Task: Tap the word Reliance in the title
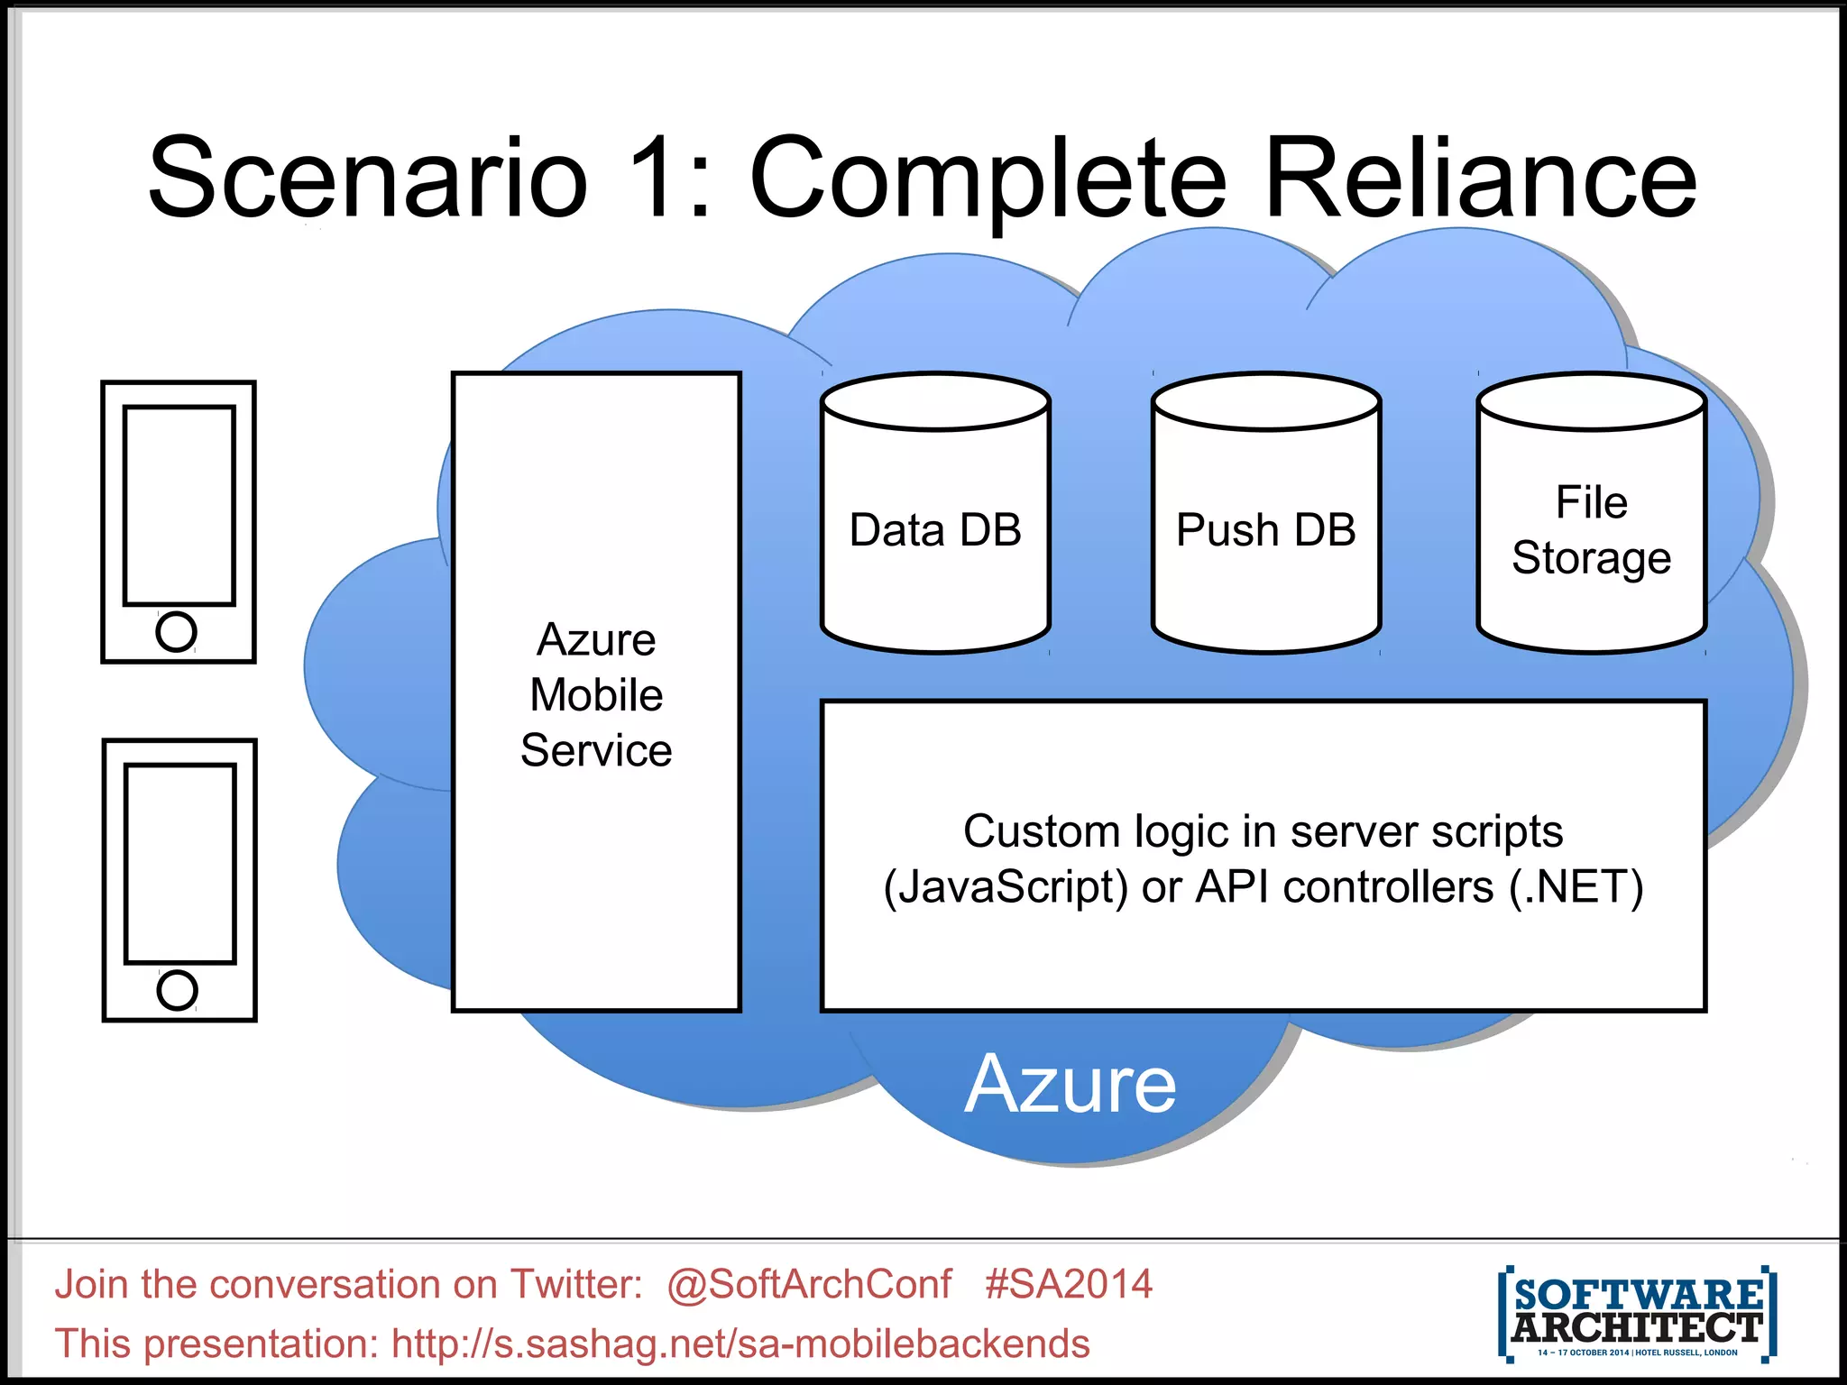1480,178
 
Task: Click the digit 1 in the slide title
651,178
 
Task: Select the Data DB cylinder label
935,530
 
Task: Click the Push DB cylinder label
1265,530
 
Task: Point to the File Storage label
1592,530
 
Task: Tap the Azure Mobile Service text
596,694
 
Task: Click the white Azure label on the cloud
1070,1084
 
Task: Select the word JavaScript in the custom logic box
1006,887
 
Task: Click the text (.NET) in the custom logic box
1576,887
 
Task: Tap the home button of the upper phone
176,631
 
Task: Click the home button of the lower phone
177,990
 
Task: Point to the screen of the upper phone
179,505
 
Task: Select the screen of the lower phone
180,864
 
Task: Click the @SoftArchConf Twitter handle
809,1284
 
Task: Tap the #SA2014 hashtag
1069,1284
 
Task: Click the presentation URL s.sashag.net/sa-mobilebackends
740,1344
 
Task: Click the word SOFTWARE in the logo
1638,1295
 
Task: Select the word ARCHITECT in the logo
1637,1327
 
